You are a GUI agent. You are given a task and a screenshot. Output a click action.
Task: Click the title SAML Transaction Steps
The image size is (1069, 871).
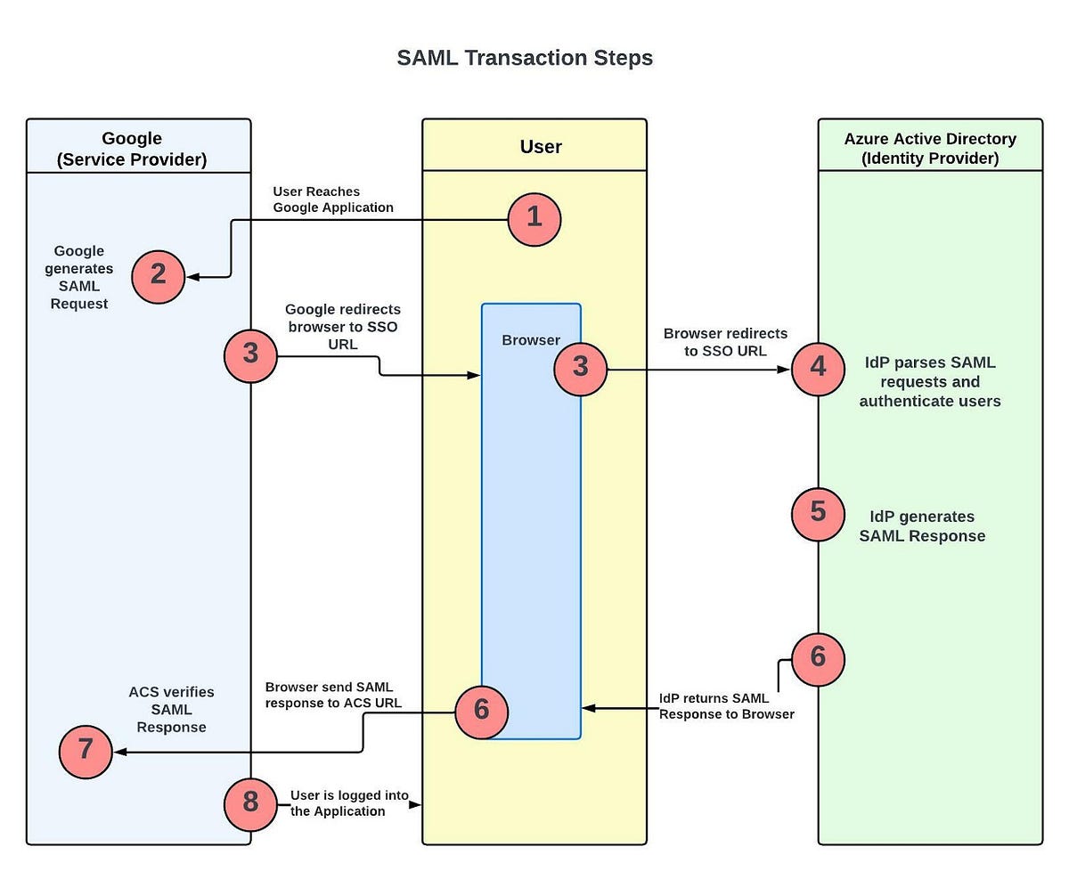click(525, 58)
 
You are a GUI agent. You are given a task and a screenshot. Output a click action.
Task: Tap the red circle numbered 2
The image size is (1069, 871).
click(158, 275)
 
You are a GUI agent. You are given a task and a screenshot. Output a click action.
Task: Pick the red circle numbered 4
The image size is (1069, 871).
click(818, 368)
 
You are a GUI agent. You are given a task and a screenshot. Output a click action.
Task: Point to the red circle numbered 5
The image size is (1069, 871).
click(818, 514)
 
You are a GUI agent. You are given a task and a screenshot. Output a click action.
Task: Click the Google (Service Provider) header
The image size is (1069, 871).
click(132, 149)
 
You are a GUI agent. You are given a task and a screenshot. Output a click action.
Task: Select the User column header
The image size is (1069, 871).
click(541, 147)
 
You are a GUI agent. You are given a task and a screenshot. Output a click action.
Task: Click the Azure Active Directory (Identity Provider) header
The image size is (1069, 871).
click(930, 149)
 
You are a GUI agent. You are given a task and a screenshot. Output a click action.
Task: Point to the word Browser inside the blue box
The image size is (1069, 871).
click(531, 339)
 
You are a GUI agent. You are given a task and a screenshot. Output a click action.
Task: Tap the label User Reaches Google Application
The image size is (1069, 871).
click(332, 199)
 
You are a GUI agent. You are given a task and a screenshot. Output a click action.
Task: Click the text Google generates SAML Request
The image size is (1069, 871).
click(79, 277)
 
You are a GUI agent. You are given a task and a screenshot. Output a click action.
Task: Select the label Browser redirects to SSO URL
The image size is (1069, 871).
click(724, 342)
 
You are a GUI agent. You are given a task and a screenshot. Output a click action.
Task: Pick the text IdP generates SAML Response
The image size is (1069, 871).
click(922, 526)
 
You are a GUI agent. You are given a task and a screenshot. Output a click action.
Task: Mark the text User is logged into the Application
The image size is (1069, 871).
click(338, 803)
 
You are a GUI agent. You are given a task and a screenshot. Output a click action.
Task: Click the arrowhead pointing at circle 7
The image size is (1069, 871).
click(119, 752)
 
